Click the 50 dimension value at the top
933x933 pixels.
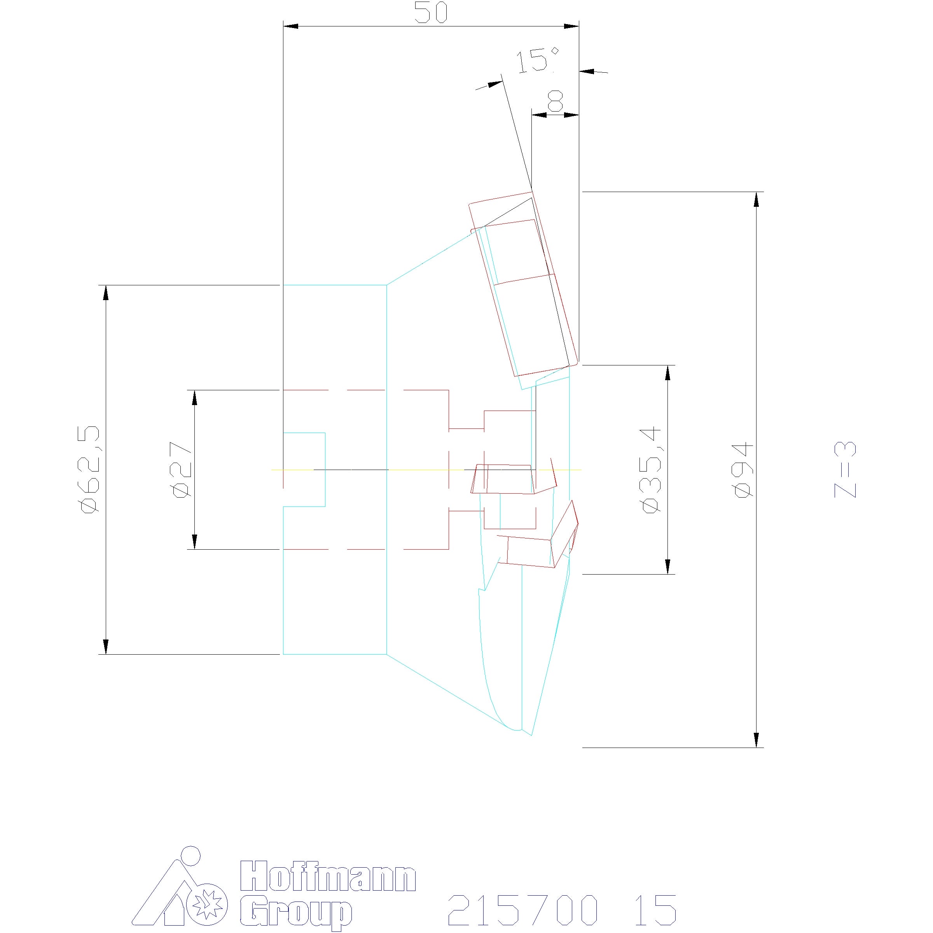[x=431, y=13]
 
